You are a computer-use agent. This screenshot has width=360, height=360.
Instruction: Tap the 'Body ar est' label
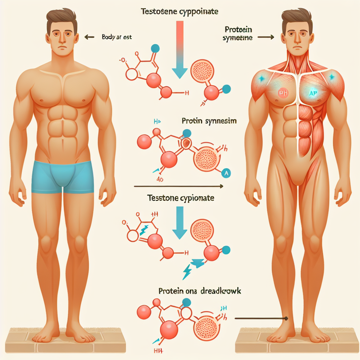(x=116, y=37)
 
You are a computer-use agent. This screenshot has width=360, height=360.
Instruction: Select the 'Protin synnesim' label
(x=209, y=121)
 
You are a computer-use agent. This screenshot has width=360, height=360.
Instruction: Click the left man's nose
(x=62, y=38)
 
